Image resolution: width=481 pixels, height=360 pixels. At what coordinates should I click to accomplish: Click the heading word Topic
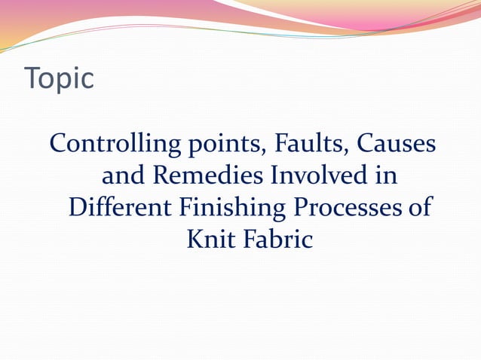click(60, 79)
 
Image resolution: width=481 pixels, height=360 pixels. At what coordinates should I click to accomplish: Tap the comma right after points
click(243, 151)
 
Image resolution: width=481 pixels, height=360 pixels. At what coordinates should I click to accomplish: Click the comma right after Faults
click(335, 151)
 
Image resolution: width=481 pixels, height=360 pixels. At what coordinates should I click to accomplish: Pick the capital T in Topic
click(32, 79)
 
